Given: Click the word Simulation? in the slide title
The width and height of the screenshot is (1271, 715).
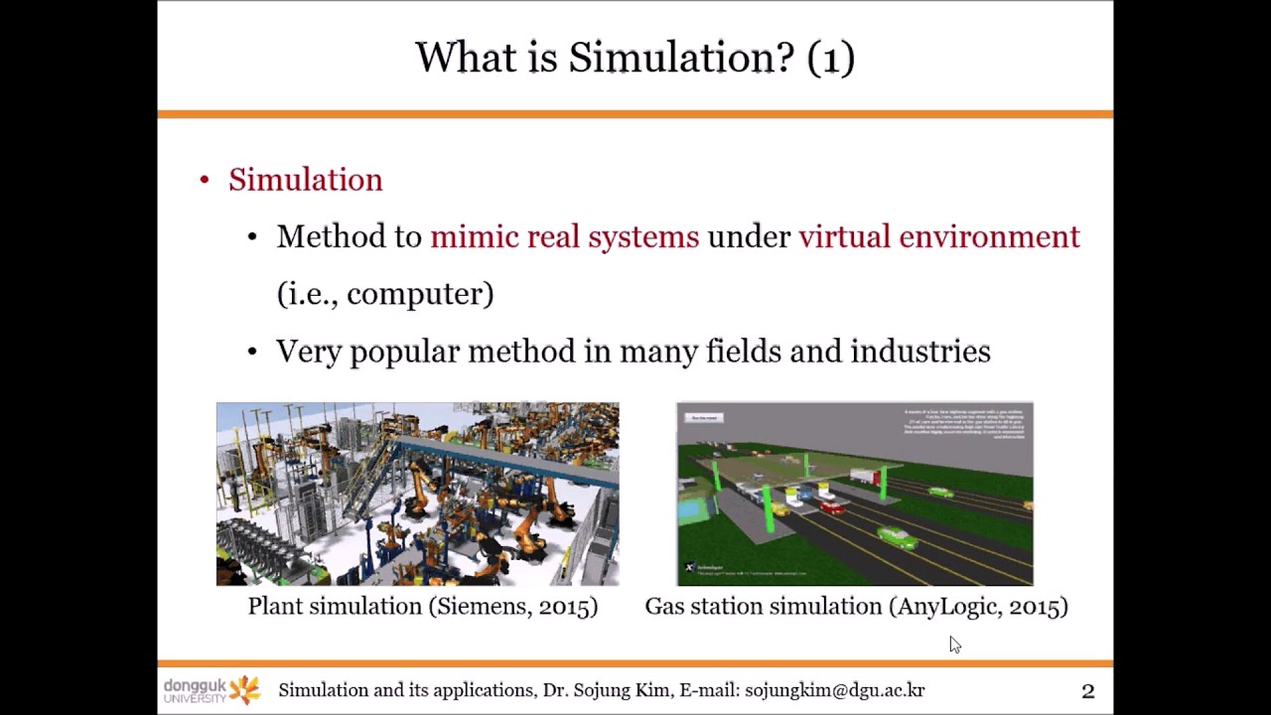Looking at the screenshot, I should coord(681,58).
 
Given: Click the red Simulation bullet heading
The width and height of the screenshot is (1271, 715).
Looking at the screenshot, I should coord(305,180).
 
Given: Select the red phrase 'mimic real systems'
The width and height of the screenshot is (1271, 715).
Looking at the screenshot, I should coord(564,237).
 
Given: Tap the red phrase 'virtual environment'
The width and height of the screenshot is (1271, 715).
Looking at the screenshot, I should coord(938,237).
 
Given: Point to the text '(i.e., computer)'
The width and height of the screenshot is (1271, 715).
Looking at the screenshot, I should coord(385,294).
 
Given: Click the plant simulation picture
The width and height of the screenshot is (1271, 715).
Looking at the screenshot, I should coord(417,494).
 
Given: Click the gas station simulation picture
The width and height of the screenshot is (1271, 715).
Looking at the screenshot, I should coord(854,494).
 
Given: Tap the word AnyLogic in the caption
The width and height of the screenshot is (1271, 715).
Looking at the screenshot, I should coord(947,607).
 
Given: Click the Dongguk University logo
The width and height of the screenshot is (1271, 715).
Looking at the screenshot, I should coord(212,690).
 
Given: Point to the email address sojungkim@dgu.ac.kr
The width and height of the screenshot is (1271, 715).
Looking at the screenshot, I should coord(834,691).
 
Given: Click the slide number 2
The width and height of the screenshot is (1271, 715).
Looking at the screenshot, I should coord(1087,691).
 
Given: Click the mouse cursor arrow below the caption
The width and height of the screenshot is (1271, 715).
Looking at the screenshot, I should coord(954,644).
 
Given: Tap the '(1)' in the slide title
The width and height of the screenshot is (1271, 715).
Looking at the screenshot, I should coord(831,58).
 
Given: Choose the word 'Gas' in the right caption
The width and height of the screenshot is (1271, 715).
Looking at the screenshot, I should coord(662,607).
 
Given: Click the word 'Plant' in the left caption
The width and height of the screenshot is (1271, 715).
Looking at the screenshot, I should coord(275,607).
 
